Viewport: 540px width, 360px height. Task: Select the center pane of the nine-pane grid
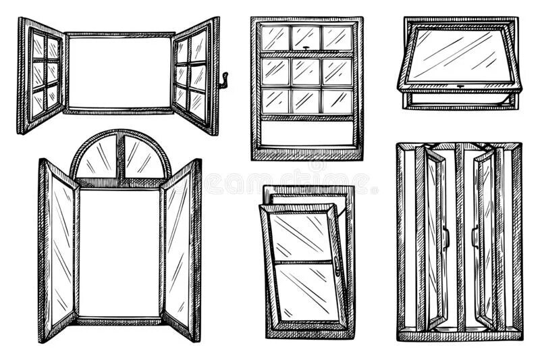pyautogui.click(x=306, y=71)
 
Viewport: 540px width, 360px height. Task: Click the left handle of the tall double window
pyautogui.click(x=445, y=236)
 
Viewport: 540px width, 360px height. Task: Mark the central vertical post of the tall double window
pyautogui.click(x=460, y=236)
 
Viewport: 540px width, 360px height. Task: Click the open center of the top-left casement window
pyautogui.click(x=120, y=72)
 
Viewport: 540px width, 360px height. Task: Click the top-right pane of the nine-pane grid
pyautogui.click(x=336, y=38)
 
